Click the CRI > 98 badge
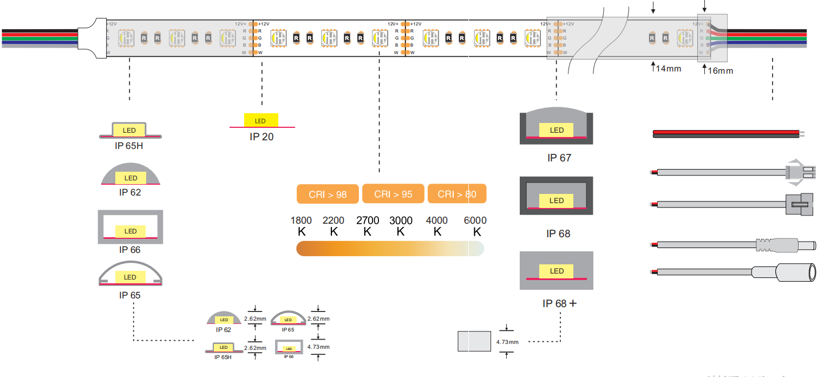[x=328, y=194]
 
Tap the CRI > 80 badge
[x=457, y=194]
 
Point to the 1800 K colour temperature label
[x=302, y=226]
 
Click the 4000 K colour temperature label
[x=437, y=226]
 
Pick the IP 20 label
[x=261, y=137]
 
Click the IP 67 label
[x=559, y=158]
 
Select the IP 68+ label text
[x=559, y=304]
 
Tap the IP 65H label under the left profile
[x=129, y=145]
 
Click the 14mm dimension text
[x=668, y=69]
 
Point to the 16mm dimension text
[x=721, y=71]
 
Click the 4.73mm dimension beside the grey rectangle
[x=507, y=342]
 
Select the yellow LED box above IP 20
[x=261, y=120]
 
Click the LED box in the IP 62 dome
[x=130, y=178]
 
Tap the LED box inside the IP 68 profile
[x=557, y=201]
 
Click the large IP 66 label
[x=130, y=250]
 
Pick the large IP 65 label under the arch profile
[x=130, y=295]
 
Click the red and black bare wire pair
[x=725, y=134]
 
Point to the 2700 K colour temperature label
[x=368, y=226]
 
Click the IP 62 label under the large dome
[x=130, y=192]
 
